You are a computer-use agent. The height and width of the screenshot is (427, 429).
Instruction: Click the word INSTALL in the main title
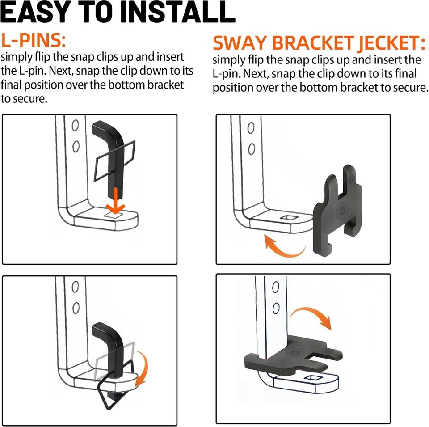point(178,13)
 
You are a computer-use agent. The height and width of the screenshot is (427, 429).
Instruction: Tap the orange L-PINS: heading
point(34,40)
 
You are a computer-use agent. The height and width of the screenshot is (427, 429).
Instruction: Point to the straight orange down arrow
point(115,201)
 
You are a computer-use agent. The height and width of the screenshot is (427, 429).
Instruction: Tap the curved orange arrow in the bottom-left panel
point(143,368)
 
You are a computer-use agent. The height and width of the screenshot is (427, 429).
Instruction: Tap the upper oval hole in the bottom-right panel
point(276,287)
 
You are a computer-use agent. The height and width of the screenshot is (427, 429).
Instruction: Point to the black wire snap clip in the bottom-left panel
point(115,389)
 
